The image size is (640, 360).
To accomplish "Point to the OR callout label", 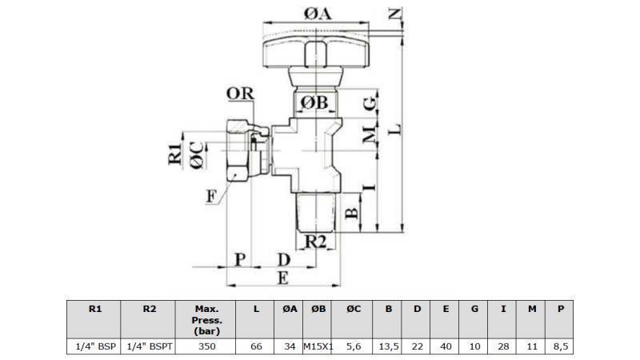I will [x=240, y=94].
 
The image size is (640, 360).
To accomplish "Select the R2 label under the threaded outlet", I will [x=318, y=240].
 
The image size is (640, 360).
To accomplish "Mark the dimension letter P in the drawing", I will [x=238, y=258].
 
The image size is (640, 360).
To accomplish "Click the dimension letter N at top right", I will [x=394, y=13].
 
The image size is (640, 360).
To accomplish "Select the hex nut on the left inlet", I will [x=240, y=150].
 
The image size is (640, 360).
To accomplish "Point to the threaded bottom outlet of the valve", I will [x=318, y=210].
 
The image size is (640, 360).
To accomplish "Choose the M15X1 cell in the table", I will [x=318, y=346].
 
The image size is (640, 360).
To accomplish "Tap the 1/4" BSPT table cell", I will [x=148, y=346].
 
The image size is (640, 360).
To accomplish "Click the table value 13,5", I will [x=388, y=346].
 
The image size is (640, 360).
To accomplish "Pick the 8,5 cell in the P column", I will [x=561, y=346].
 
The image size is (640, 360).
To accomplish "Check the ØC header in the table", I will [x=353, y=309].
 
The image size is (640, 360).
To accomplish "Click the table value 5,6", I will [x=353, y=346].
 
